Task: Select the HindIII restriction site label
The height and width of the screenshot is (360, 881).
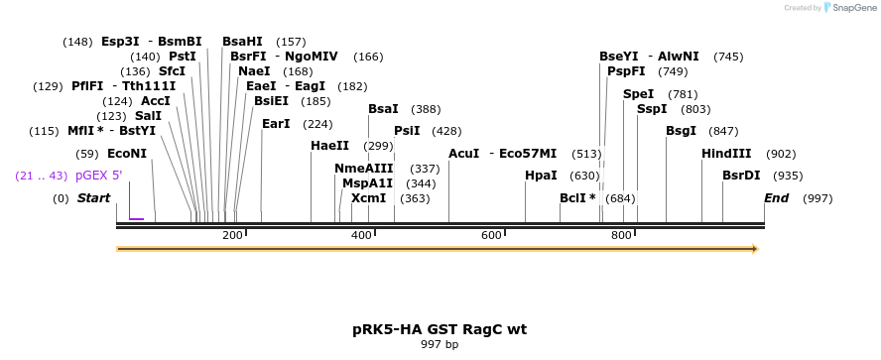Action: pos(726,154)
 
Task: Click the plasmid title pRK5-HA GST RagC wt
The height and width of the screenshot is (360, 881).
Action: pos(440,328)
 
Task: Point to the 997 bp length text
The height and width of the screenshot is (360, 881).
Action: pos(440,345)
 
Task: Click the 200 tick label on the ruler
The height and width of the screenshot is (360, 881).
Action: pos(232,235)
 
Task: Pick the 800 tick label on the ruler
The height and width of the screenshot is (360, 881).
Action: pos(621,235)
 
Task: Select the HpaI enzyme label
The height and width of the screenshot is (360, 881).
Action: pos(541,176)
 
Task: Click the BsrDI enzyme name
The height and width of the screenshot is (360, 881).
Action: pos(741,176)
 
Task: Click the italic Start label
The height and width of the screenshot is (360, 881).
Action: pos(93,198)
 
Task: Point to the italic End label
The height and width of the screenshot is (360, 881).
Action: pos(776,198)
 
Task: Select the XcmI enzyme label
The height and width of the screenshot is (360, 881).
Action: pos(368,198)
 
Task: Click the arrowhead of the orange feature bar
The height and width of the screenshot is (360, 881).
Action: pos(755,248)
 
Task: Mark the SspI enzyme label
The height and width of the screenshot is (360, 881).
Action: pos(652,109)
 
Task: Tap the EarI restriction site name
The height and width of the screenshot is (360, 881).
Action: pos(276,124)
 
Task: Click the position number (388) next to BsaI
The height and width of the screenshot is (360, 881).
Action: pos(426,109)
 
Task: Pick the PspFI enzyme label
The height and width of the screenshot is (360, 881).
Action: pos(626,71)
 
